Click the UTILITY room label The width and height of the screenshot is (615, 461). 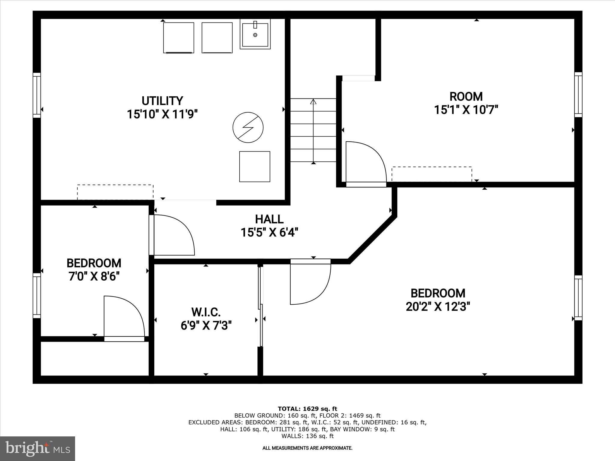tap(162, 101)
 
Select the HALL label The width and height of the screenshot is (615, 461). tap(269, 219)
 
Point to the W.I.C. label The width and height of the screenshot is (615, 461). tap(206, 312)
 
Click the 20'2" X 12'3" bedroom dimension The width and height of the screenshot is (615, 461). tap(438, 307)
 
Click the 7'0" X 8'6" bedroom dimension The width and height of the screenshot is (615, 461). tap(94, 276)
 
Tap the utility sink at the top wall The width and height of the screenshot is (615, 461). tap(255, 34)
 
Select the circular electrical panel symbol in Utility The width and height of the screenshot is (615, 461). tap(248, 127)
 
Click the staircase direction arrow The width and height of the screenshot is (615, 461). tap(313, 131)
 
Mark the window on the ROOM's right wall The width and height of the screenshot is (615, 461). tap(578, 95)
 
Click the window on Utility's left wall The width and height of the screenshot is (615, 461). tap(37, 95)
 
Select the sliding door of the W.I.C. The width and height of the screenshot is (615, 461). tap(261, 306)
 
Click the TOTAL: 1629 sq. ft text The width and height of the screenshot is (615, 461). tap(307, 409)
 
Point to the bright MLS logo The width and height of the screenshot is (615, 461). tap(38, 448)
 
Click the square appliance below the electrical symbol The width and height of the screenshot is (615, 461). tap(254, 167)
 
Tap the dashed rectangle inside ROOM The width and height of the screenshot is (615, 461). tap(432, 174)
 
